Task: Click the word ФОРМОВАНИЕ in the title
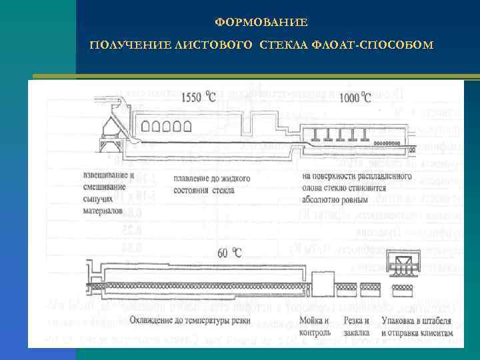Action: pos(261,23)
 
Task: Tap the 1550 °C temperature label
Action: pos(199,97)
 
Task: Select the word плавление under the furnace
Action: pos(195,179)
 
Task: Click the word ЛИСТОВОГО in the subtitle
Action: pos(220,45)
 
